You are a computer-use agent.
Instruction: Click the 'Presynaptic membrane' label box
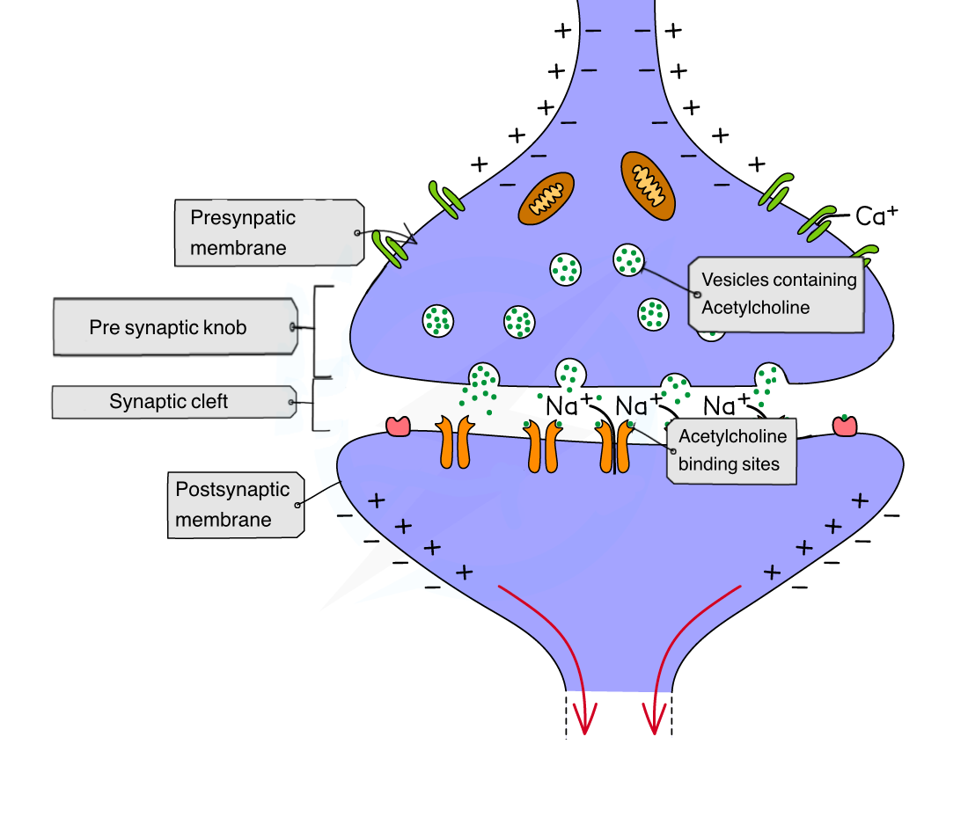(x=268, y=232)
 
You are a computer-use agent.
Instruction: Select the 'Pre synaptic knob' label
(x=175, y=328)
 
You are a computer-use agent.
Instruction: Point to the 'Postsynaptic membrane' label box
(x=235, y=504)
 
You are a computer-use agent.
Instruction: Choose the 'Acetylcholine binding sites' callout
(x=730, y=450)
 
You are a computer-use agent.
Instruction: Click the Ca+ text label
(x=876, y=215)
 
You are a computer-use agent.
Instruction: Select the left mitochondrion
(x=546, y=198)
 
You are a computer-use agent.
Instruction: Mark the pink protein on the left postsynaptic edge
(x=399, y=426)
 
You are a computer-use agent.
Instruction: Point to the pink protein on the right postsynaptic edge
(x=845, y=425)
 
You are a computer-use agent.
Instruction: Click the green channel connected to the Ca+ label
(x=816, y=223)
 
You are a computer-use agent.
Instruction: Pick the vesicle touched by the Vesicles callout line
(x=628, y=259)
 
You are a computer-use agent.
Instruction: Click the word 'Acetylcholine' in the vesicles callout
(x=755, y=308)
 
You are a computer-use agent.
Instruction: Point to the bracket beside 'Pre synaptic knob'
(x=315, y=331)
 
